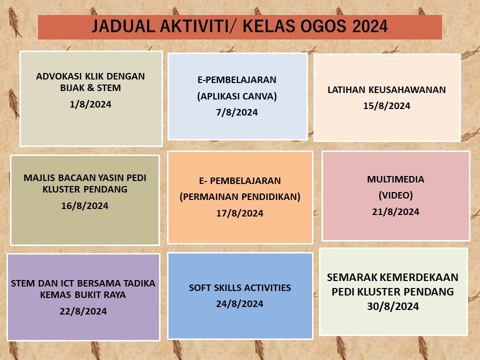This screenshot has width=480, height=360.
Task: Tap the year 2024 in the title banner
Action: tap(370, 26)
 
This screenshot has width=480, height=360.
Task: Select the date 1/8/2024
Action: tap(90, 104)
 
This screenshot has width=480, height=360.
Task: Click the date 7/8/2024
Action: tap(237, 112)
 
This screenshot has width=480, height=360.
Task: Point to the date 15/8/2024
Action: tap(386, 106)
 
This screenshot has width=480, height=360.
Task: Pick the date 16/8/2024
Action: tap(85, 205)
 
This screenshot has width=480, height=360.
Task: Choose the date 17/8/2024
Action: tap(239, 213)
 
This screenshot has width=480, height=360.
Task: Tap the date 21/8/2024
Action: tap(395, 212)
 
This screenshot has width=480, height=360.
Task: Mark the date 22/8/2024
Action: tap(83, 311)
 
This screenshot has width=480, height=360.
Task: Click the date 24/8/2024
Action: tap(239, 303)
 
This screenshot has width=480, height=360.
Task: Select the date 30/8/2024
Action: tap(393, 306)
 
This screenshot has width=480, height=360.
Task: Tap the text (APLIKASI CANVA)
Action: tap(237, 96)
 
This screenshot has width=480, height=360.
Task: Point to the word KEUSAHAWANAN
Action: tap(407, 90)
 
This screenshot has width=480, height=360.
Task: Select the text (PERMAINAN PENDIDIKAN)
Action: tap(239, 196)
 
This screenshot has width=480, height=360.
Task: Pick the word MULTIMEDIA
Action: tap(395, 179)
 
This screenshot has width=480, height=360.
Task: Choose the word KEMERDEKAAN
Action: tap(422, 277)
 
